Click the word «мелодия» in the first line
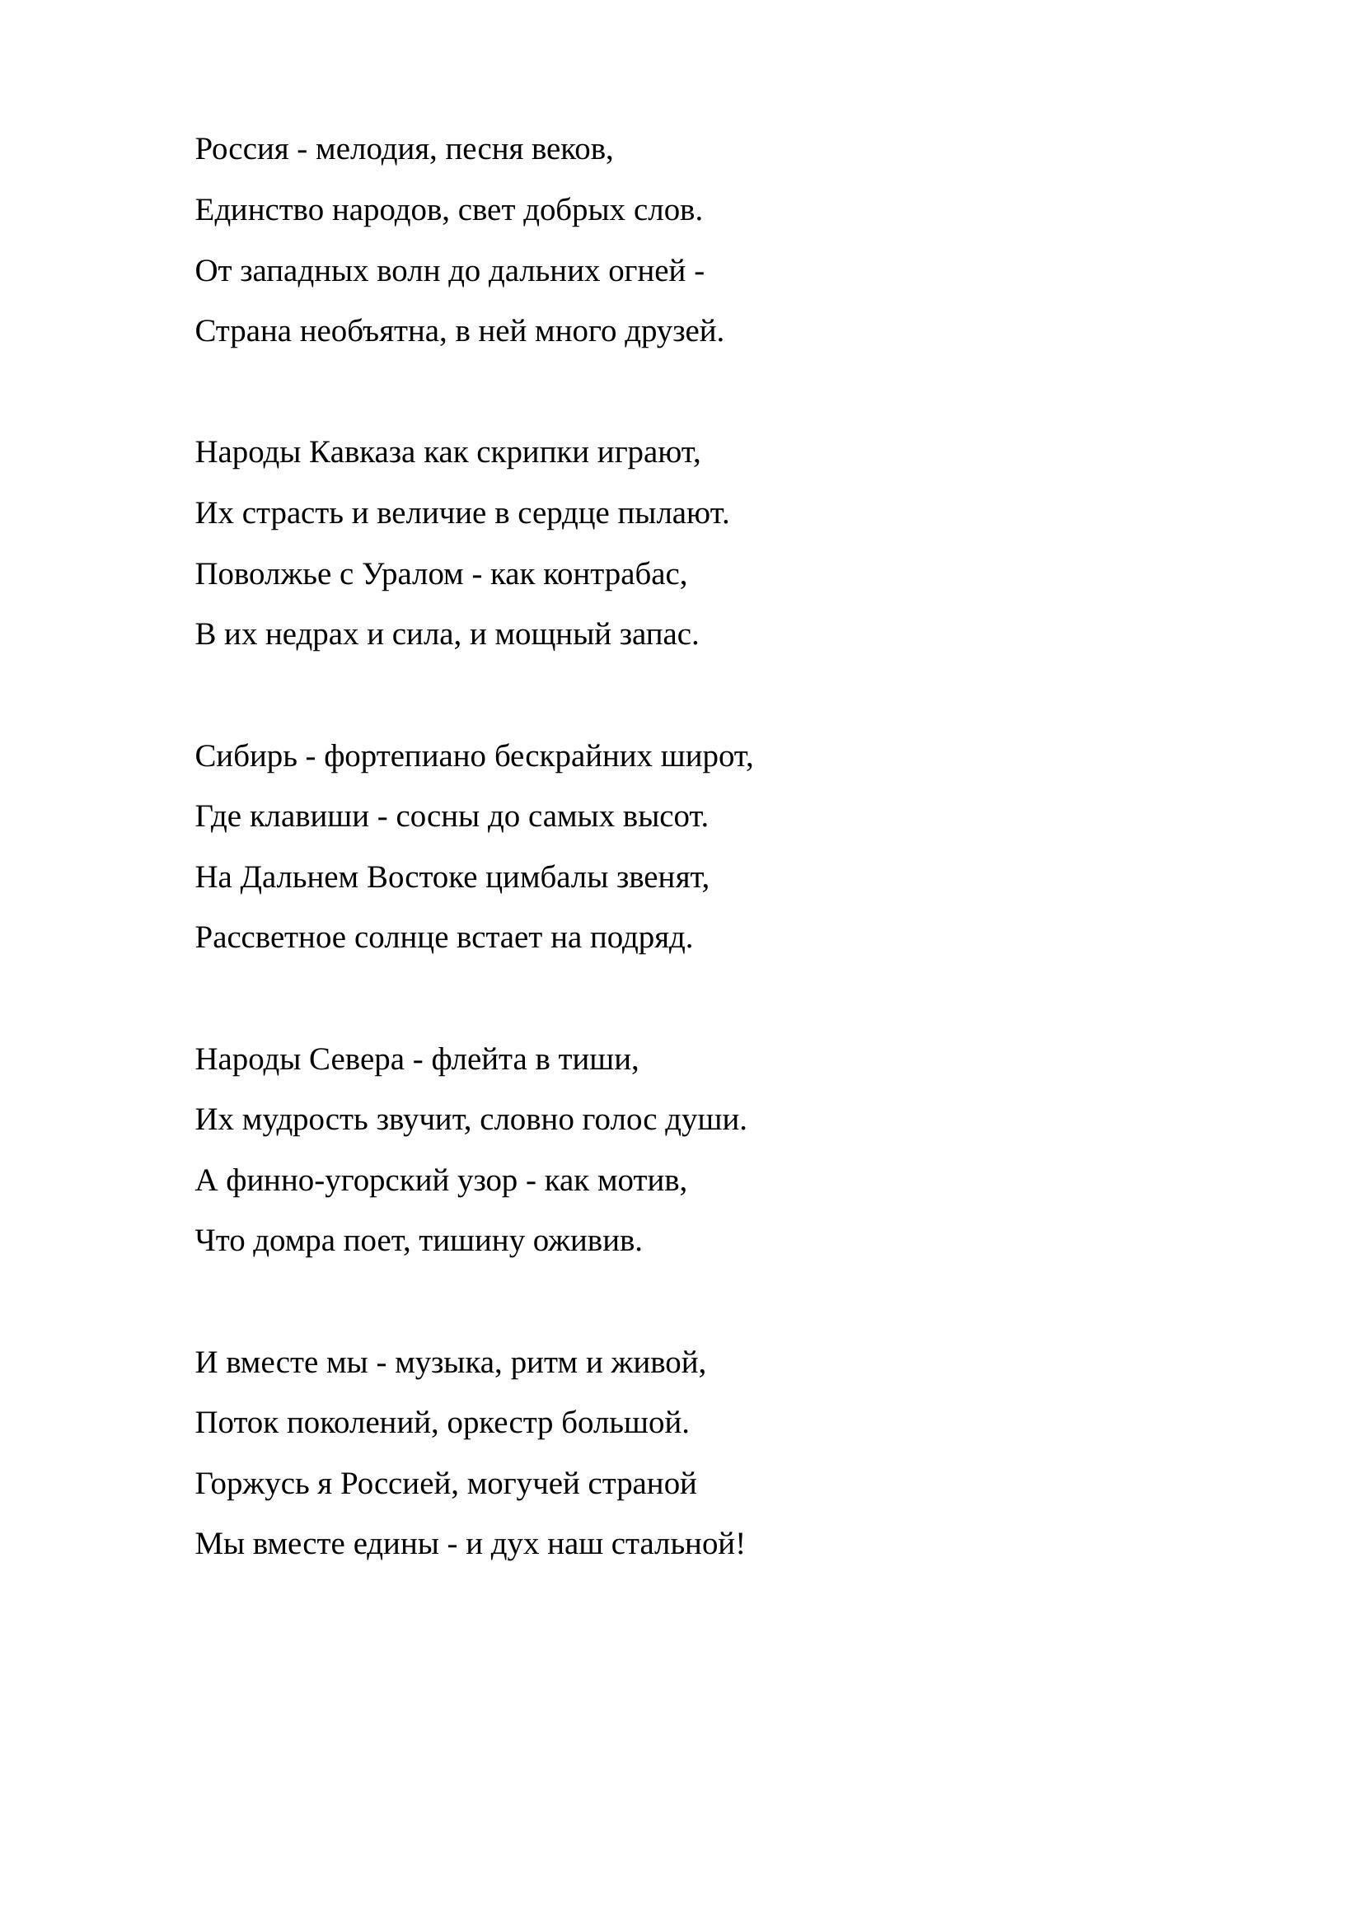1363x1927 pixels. click(375, 150)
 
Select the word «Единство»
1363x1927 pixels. click(260, 211)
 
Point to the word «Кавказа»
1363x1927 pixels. click(362, 453)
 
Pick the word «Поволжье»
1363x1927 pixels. click(263, 575)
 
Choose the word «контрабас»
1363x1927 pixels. click(614, 575)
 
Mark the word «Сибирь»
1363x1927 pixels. click(246, 756)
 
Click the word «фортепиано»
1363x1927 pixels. click(405, 756)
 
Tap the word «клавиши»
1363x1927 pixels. click(309, 816)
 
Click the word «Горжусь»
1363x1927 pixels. click(252, 1485)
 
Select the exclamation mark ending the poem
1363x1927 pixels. click(740, 1544)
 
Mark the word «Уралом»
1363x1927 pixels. click(413, 575)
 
